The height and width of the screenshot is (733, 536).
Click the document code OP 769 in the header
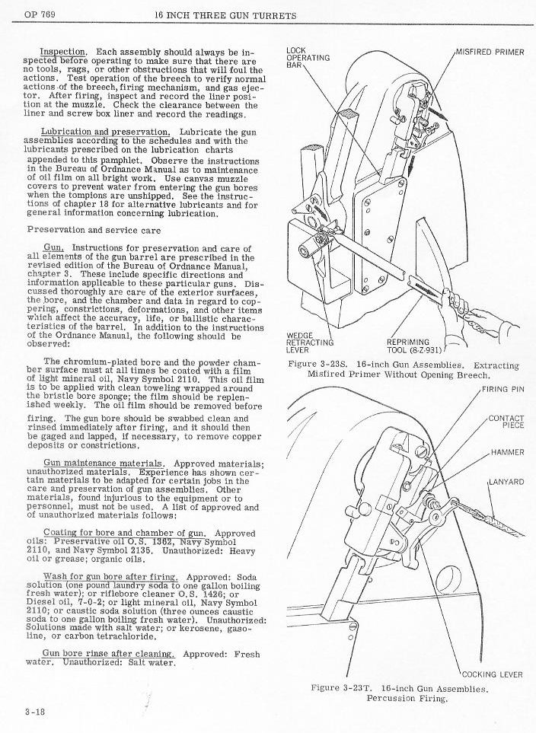pyautogui.click(x=40, y=14)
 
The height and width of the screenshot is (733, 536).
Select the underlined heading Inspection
pyautogui.click(x=63, y=52)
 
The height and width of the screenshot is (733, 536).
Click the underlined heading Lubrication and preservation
pyautogui.click(x=106, y=132)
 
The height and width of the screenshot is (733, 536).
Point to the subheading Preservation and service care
pyautogui.click(x=94, y=230)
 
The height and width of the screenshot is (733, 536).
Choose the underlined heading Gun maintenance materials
pyautogui.click(x=104, y=464)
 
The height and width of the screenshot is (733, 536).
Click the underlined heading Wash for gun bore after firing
pyautogui.click(x=110, y=577)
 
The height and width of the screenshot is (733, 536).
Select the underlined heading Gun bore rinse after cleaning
pyautogui.click(x=109, y=654)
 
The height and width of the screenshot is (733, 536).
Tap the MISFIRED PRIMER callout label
pyautogui.click(x=490, y=53)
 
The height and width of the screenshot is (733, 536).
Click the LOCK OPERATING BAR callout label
pyautogui.click(x=308, y=58)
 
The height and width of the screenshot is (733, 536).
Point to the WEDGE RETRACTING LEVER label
pyautogui.click(x=310, y=343)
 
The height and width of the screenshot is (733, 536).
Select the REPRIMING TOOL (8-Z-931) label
pyautogui.click(x=414, y=346)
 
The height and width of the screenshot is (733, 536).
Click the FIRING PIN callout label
pyautogui.click(x=502, y=389)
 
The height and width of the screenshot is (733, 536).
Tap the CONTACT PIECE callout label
pyautogui.click(x=506, y=422)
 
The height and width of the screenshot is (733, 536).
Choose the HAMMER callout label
pyautogui.click(x=508, y=452)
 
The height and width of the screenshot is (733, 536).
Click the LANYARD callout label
pyautogui.click(x=506, y=482)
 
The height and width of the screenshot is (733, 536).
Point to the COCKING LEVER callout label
pyautogui.click(x=493, y=674)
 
